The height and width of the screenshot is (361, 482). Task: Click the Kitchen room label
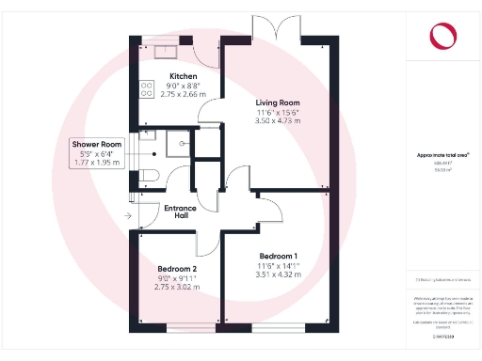tap(183, 76)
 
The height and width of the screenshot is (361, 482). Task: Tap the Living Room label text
tap(278, 102)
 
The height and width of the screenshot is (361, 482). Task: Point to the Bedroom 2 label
tap(177, 270)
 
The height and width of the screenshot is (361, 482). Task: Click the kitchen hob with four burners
tap(147, 88)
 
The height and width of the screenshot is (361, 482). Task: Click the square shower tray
tap(176, 144)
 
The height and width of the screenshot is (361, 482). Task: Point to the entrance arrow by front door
tap(128, 216)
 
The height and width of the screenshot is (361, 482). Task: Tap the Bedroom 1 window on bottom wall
tap(279, 328)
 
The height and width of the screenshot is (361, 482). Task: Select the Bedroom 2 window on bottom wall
tap(177, 328)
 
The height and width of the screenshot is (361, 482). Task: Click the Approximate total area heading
tap(442, 154)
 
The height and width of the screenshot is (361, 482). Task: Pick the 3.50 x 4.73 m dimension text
tap(278, 121)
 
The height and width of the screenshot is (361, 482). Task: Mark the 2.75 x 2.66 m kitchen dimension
tap(183, 95)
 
